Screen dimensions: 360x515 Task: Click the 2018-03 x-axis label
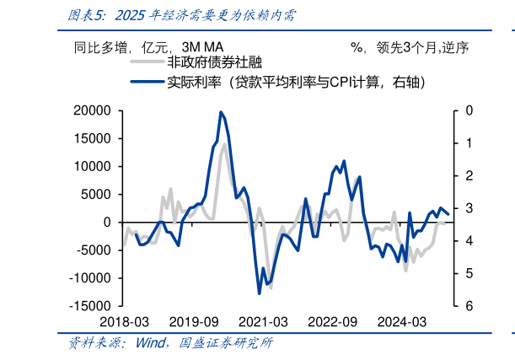124,322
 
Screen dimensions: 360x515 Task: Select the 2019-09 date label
194,322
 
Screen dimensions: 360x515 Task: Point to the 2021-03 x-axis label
263,322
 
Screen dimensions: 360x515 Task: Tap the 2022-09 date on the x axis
332,322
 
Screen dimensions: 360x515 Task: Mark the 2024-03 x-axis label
401,322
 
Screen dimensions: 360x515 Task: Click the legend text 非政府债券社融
215,63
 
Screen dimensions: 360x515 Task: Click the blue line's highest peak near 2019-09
221,112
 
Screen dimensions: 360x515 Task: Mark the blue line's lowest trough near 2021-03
260,293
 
